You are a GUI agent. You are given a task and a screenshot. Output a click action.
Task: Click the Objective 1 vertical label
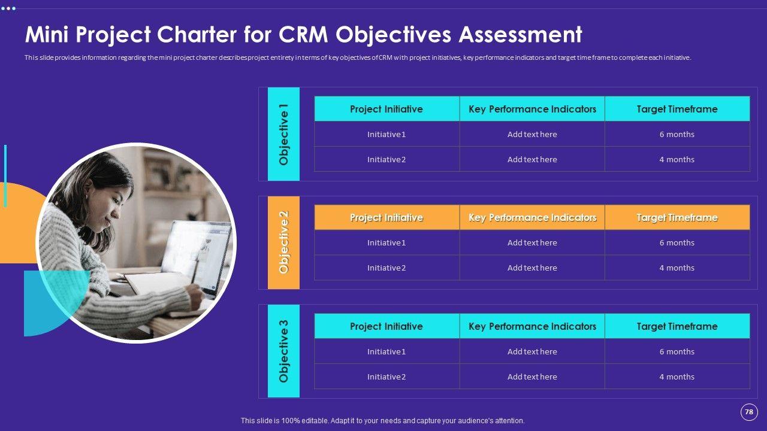coord(283,134)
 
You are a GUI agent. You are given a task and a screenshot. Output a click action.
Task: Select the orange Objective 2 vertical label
coord(283,242)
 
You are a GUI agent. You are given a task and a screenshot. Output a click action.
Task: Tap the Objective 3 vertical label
coord(283,351)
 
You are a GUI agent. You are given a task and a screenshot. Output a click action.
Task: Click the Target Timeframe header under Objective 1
coord(677,109)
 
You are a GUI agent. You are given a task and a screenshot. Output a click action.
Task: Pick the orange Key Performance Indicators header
coord(532,217)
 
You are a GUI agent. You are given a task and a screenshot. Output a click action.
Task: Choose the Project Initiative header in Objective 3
coord(386,326)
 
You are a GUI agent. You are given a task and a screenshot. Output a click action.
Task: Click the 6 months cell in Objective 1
coord(677,134)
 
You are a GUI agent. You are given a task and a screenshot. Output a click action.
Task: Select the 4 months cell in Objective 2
coord(677,268)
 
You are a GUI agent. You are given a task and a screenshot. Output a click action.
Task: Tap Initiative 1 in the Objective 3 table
coord(386,351)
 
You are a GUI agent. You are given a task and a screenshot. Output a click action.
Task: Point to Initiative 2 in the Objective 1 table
coord(386,159)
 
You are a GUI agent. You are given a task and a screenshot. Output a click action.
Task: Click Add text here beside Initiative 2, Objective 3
coord(532,377)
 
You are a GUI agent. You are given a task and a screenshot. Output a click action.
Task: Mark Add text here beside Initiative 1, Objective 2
coord(532,242)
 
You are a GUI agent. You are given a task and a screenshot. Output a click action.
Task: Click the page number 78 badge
coord(748,412)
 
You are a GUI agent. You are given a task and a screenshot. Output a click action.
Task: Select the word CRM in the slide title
coord(303,35)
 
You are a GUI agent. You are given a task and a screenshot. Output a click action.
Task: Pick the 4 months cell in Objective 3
coord(677,377)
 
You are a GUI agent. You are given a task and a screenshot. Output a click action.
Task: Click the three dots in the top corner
coord(8,8)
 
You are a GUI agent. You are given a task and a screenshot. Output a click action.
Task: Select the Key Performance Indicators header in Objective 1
coord(532,109)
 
